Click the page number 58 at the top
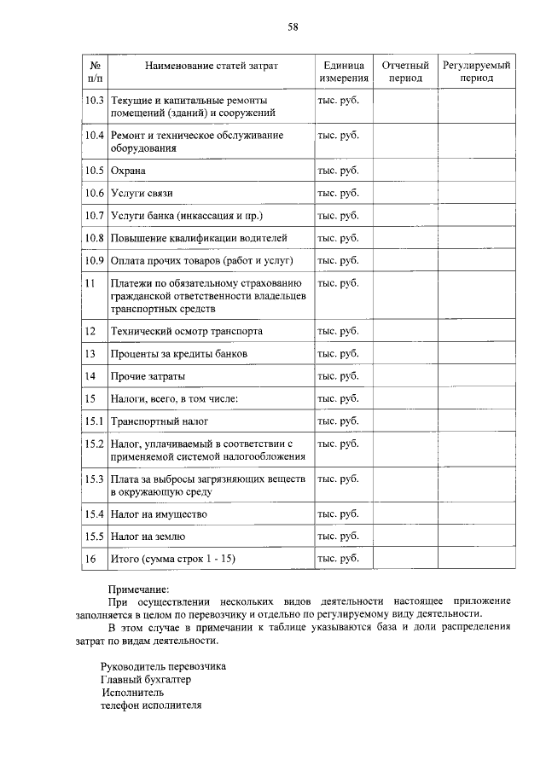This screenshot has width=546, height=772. pos(292,27)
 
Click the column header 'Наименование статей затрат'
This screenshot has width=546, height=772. pos(212,65)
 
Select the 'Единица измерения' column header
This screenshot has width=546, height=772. pos(344,72)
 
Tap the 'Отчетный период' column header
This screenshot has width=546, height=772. pos(404,72)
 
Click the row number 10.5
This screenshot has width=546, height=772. pos(94,171)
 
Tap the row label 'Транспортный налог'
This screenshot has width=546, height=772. pos(160,421)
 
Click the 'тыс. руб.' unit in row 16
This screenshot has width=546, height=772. pos(338,559)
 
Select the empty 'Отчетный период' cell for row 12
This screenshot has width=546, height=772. pos(404,331)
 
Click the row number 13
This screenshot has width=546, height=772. pos(90,353)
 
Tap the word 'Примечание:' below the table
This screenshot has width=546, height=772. pos(139,589)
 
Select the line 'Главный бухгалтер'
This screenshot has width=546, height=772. pos(146,680)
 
